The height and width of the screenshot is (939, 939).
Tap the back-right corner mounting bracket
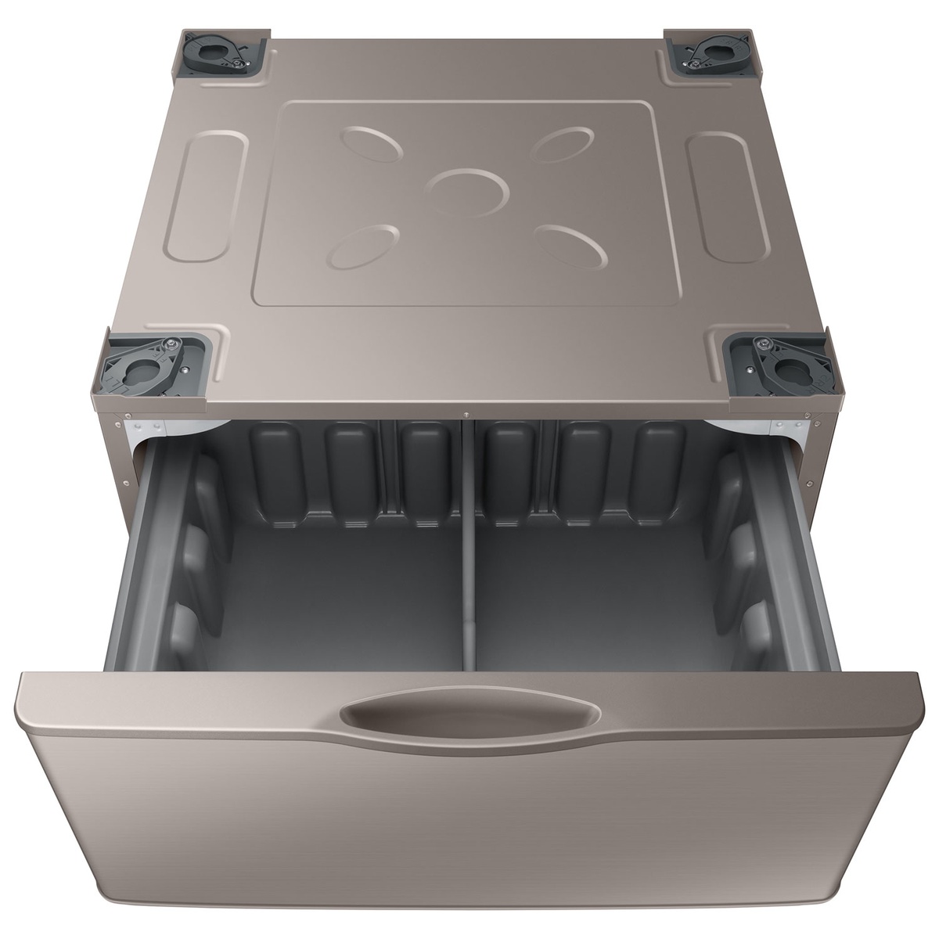click(x=713, y=54)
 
